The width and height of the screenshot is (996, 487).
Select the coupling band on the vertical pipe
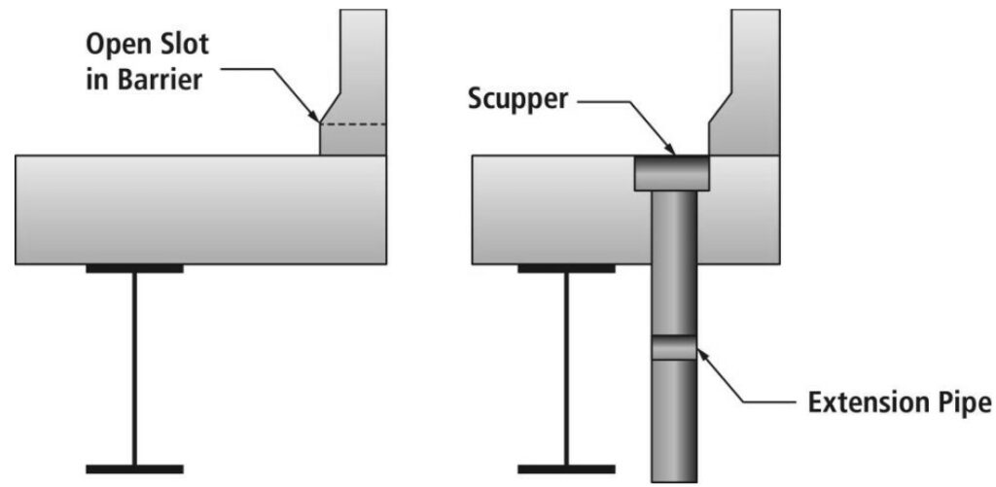click(x=673, y=347)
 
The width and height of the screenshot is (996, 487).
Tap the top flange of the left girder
click(x=134, y=267)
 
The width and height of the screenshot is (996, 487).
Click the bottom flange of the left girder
click(x=134, y=468)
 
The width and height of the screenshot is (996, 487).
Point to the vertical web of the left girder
click(x=134, y=369)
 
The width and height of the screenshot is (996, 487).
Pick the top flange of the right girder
click(x=565, y=267)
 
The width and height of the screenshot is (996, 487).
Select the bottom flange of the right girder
click(x=565, y=468)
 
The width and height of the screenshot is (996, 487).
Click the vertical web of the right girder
click(x=566, y=369)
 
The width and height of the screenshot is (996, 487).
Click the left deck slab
click(x=195, y=209)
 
